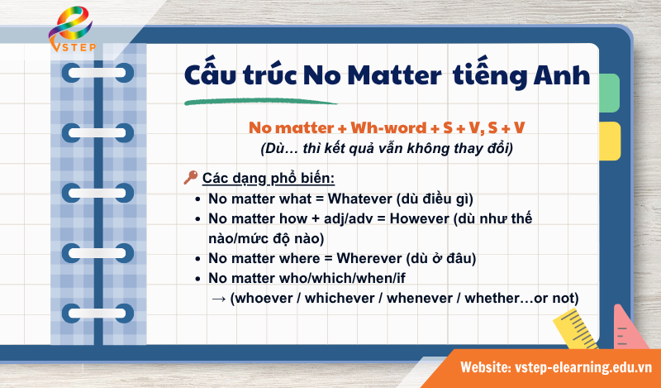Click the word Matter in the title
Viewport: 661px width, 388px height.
pyautogui.click(x=390, y=78)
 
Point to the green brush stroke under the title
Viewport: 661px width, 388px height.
pyautogui.click(x=260, y=102)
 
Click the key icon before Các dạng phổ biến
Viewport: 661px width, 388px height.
pyautogui.click(x=189, y=177)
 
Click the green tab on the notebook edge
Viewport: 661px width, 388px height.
pyautogui.click(x=608, y=93)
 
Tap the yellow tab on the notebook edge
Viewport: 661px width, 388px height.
pyautogui.click(x=608, y=141)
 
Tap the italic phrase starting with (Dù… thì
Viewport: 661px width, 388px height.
pyautogui.click(x=387, y=150)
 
